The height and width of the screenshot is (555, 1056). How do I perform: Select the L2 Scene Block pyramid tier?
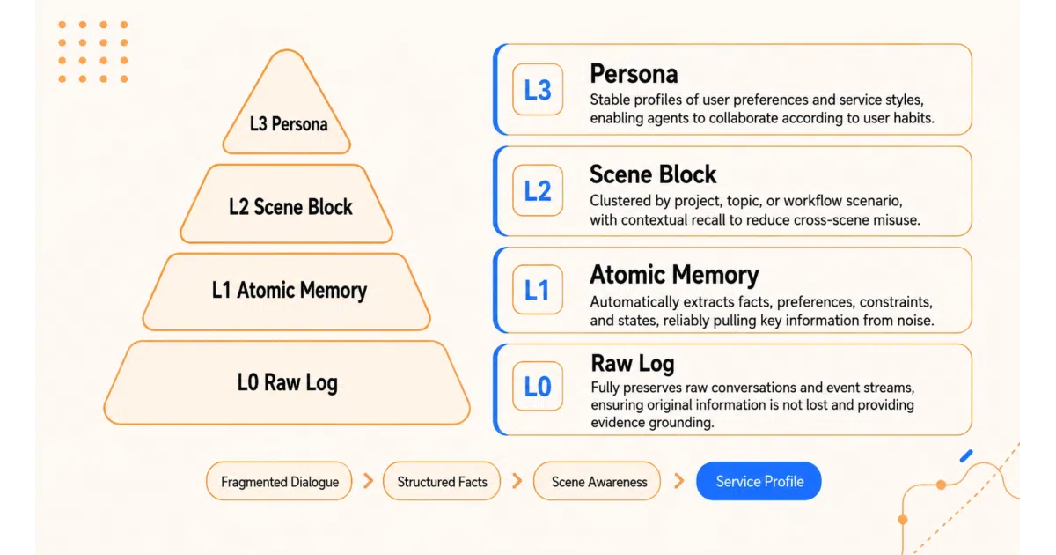pyautogui.click(x=287, y=203)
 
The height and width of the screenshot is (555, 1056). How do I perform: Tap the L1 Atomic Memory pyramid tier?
pyautogui.click(x=287, y=292)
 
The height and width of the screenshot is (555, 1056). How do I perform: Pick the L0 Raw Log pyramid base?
pyautogui.click(x=287, y=382)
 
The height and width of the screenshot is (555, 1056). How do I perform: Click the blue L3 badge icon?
pyautogui.click(x=538, y=89)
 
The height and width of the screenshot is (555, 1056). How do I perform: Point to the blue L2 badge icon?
pyautogui.click(x=538, y=190)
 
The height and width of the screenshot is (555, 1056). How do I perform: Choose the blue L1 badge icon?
pyautogui.click(x=538, y=289)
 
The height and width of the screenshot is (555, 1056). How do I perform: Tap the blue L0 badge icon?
pyautogui.click(x=538, y=386)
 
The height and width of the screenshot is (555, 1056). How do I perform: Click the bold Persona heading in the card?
pyautogui.click(x=634, y=74)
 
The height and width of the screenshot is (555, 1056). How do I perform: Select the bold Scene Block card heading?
pyautogui.click(x=653, y=174)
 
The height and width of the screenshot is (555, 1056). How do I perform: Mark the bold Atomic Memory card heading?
pyautogui.click(x=674, y=275)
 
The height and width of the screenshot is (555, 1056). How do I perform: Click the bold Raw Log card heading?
pyautogui.click(x=633, y=363)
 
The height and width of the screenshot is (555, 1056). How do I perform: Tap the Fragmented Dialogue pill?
pyautogui.click(x=279, y=481)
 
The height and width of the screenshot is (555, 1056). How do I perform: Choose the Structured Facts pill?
pyautogui.click(x=442, y=481)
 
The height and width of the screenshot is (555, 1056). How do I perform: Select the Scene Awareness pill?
pyautogui.click(x=598, y=481)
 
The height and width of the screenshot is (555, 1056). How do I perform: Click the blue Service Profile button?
pyautogui.click(x=759, y=481)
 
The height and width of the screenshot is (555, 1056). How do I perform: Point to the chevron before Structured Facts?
pyautogui.click(x=369, y=481)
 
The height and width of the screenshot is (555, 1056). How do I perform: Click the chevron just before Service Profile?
pyautogui.click(x=679, y=481)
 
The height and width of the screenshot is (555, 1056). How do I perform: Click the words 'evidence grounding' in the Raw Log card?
pyautogui.click(x=652, y=422)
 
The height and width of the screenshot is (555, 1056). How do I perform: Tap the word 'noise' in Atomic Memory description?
pyautogui.click(x=915, y=321)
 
